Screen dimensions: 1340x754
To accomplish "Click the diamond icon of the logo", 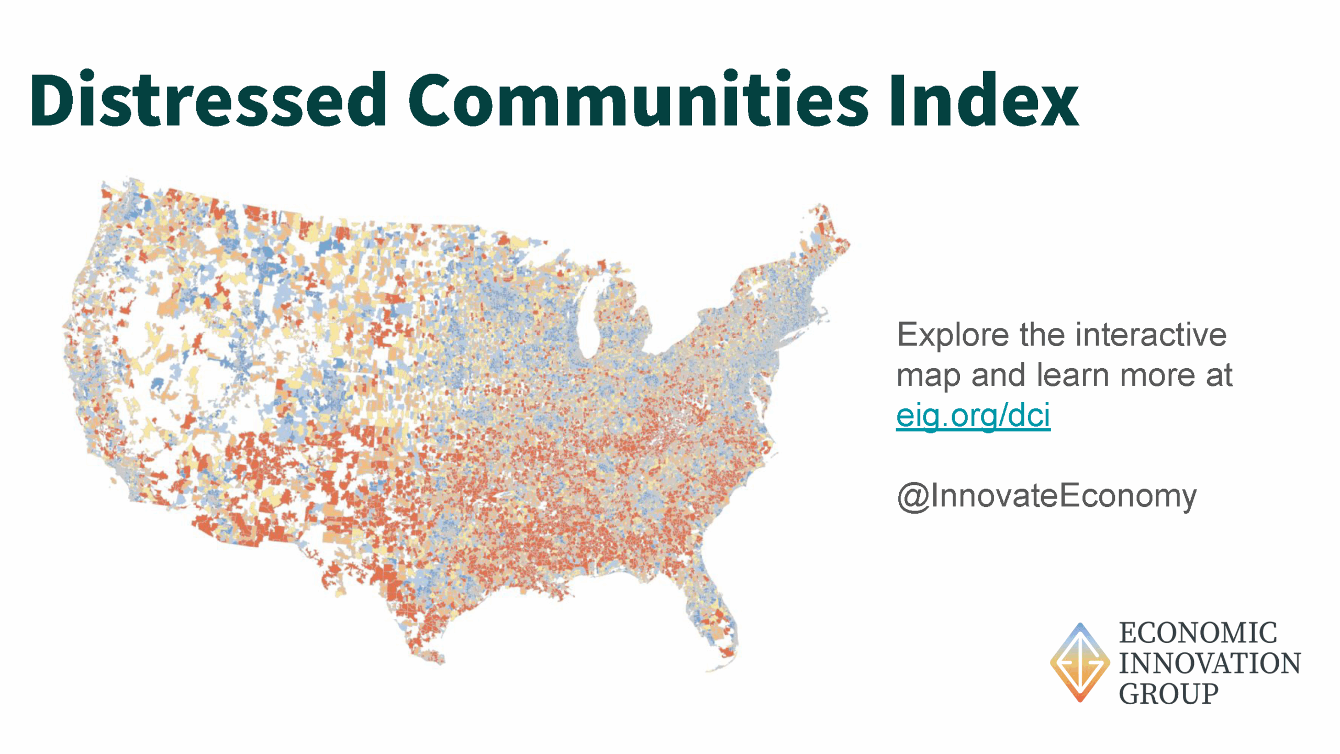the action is pos(1080,662).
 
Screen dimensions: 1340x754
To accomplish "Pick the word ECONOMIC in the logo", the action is pos(1198,633).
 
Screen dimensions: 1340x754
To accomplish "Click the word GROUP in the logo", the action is pos(1169,694).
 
